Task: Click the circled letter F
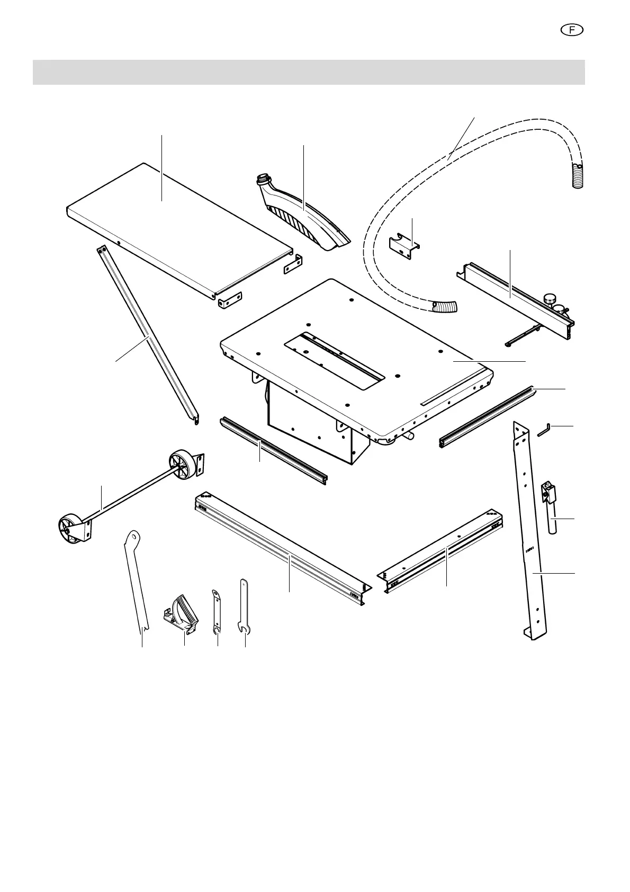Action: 572,30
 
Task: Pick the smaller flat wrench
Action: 215,609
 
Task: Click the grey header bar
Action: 309,72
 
